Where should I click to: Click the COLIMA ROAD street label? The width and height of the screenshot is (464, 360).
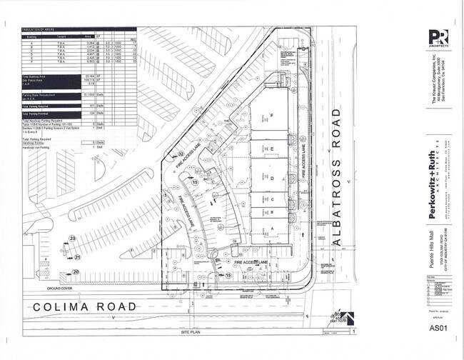84,306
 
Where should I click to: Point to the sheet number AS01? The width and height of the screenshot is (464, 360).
438,329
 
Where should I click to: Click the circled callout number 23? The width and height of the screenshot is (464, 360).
72,238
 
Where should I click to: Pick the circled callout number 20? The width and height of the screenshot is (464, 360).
75,272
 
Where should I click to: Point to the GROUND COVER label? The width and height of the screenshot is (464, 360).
62,289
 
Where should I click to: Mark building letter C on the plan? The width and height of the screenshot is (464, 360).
272,199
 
